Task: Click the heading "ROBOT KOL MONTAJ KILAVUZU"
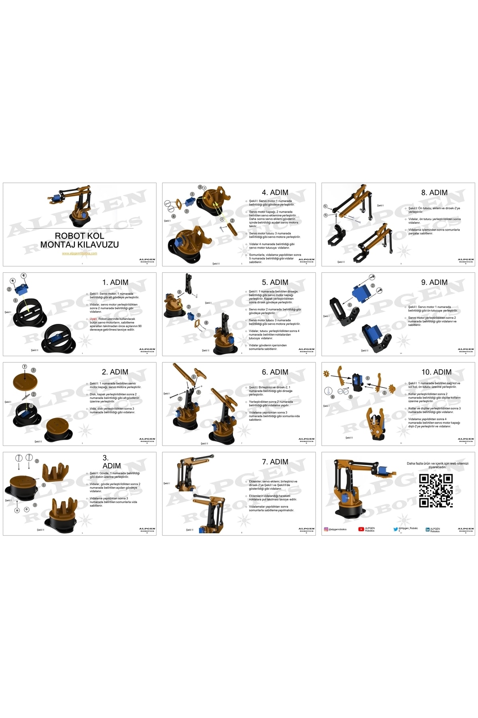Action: pyautogui.click(x=80, y=240)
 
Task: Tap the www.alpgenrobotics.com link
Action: pyautogui.click(x=79, y=253)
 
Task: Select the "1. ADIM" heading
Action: pyautogui.click(x=115, y=282)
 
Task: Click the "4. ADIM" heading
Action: pyautogui.click(x=275, y=193)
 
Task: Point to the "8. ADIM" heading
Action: pyautogui.click(x=434, y=193)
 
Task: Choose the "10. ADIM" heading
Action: pyautogui.click(x=436, y=372)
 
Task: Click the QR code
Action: pyautogui.click(x=436, y=491)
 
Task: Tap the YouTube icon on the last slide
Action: pyautogui.click(x=361, y=529)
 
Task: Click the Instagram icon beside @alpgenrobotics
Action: pyautogui.click(x=326, y=529)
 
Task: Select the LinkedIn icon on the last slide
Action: pyautogui.click(x=427, y=530)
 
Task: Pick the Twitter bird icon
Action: pyautogui.click(x=396, y=529)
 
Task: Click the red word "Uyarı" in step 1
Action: pyautogui.click(x=93, y=319)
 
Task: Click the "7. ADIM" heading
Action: pyautogui.click(x=275, y=462)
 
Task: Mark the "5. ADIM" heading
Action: pyautogui.click(x=275, y=282)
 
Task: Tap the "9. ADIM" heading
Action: pyautogui.click(x=434, y=282)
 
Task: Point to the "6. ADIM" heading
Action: pyautogui.click(x=275, y=372)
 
